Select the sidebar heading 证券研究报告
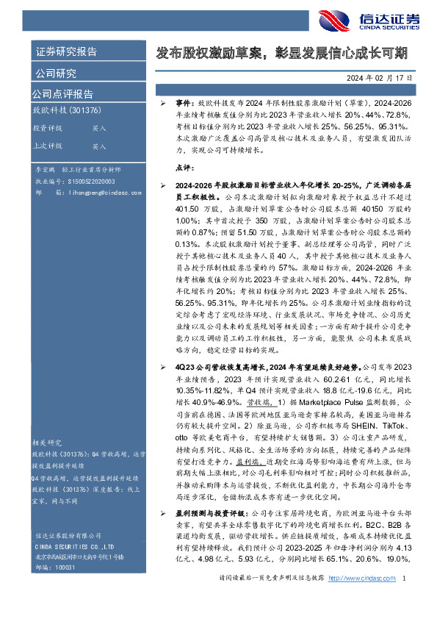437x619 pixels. point(65,52)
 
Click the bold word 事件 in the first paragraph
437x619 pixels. point(184,107)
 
